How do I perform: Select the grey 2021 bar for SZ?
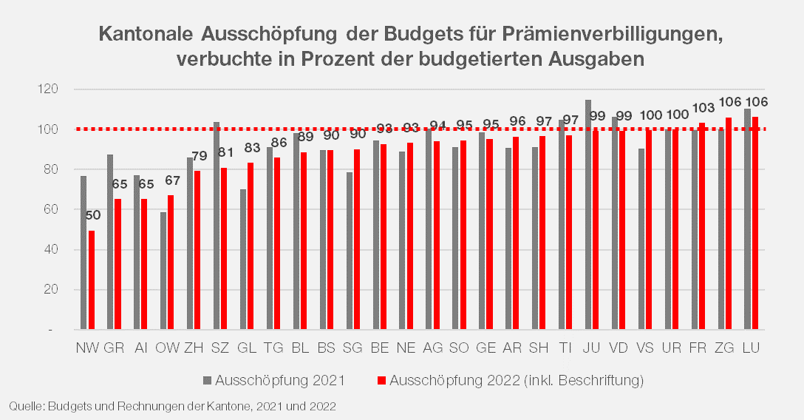point(217,226)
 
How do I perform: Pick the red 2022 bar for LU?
point(755,223)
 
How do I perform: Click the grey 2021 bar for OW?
point(163,271)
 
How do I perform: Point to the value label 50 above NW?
point(93,215)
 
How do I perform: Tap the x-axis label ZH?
point(194,347)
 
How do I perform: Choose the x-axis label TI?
point(565,347)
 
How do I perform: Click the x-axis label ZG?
point(724,347)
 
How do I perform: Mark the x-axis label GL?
point(248,347)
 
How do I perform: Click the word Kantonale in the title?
point(145,35)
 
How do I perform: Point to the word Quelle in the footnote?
point(24,406)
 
